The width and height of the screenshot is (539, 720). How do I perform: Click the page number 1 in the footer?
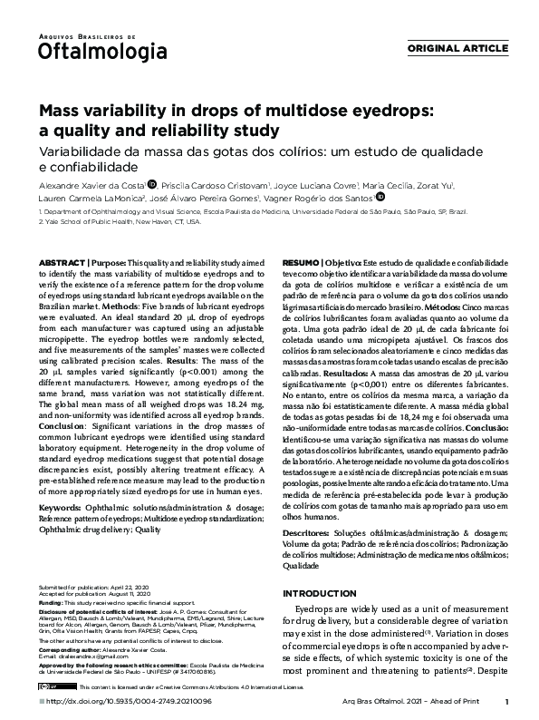tap(506, 702)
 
